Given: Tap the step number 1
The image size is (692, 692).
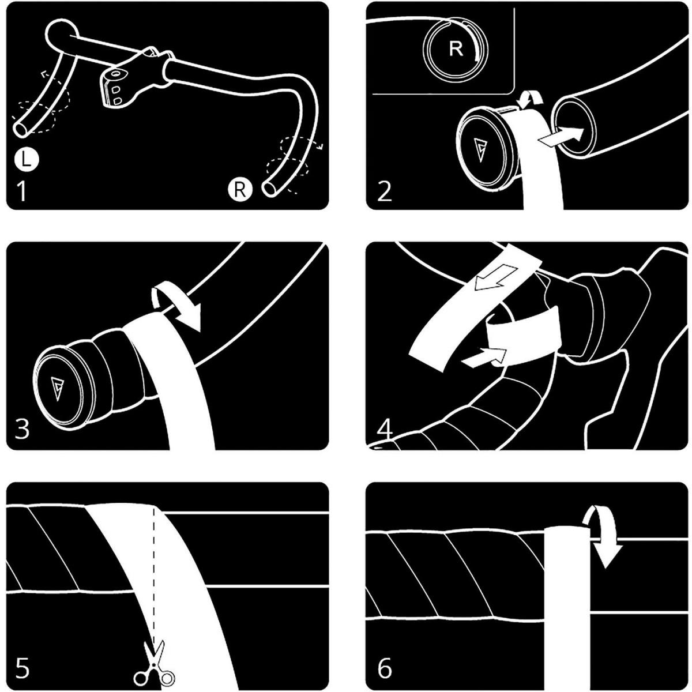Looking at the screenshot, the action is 21,192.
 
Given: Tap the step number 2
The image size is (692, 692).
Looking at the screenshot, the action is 384,192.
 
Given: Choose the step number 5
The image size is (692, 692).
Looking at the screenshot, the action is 22,667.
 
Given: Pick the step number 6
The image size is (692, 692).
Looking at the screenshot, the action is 385,667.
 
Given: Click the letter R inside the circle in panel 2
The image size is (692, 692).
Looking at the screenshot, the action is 456,48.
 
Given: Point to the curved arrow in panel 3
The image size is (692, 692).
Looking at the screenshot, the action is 175,304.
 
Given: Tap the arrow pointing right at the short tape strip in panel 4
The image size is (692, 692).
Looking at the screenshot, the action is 484,357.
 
